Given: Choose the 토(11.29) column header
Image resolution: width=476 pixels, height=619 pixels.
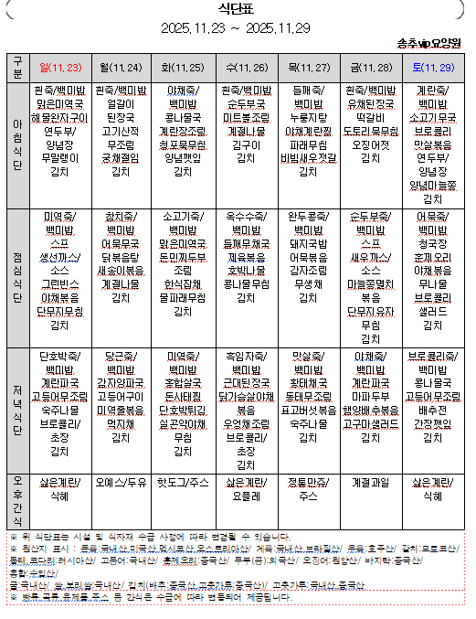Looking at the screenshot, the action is [x=433, y=68].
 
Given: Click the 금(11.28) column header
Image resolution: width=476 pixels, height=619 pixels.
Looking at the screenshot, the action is [x=370, y=68].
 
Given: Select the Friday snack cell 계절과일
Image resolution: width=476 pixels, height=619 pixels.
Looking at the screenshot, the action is [x=370, y=481].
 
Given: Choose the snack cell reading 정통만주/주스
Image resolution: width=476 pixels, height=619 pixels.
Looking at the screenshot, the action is [x=308, y=487].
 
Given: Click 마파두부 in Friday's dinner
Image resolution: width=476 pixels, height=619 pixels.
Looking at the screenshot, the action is [x=370, y=397].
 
